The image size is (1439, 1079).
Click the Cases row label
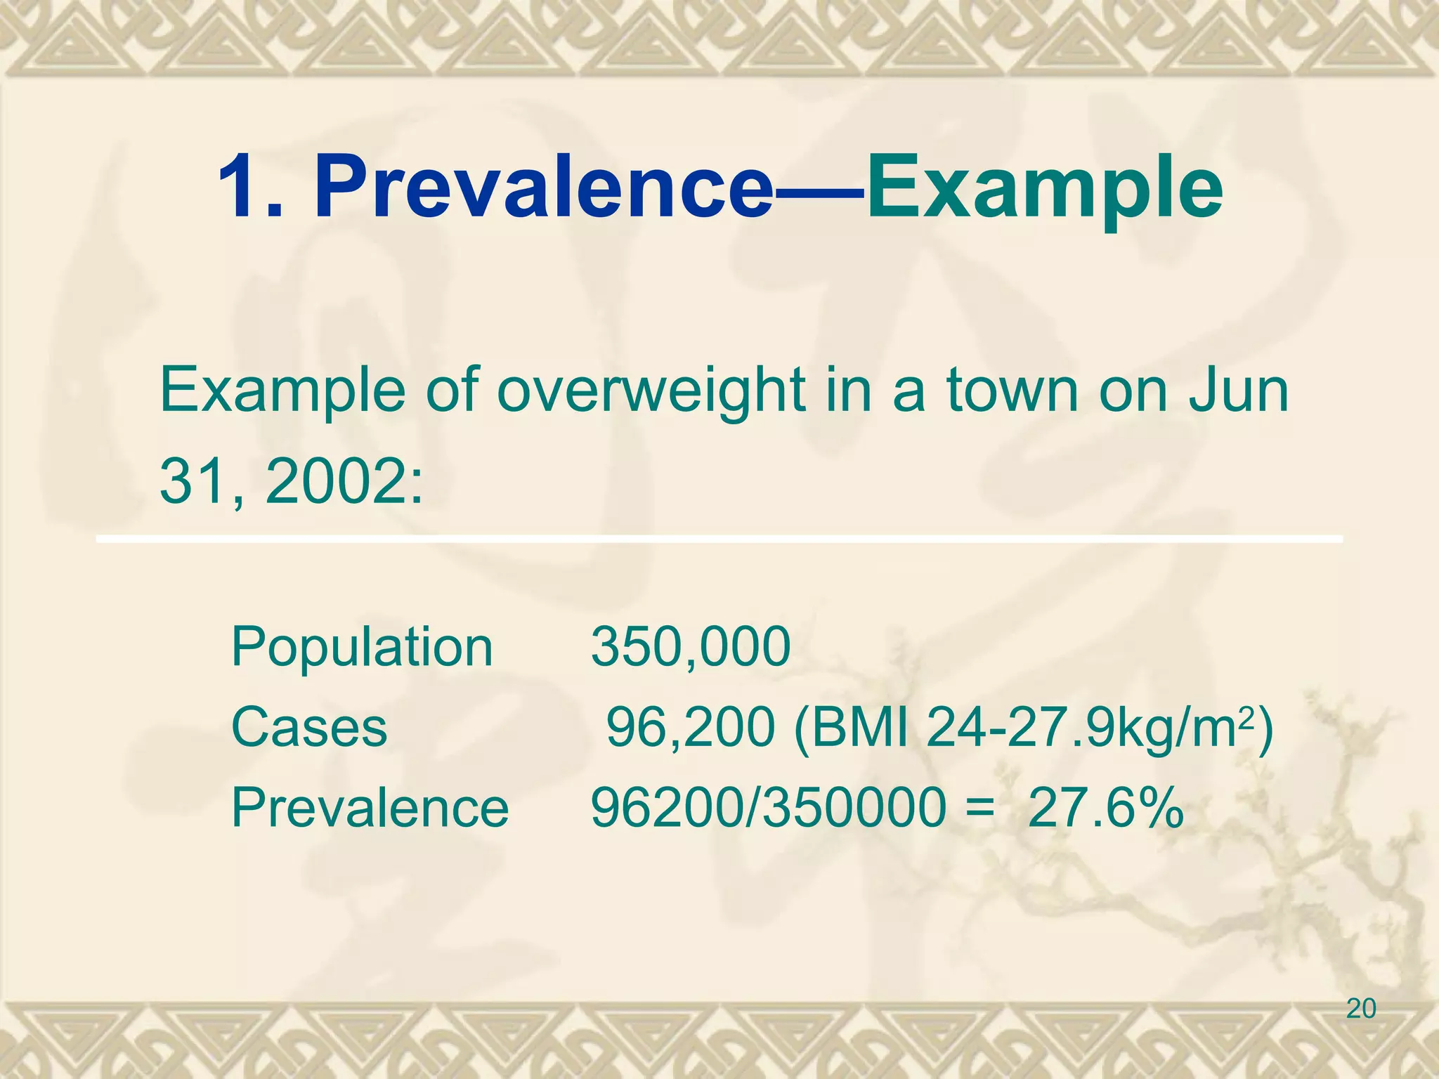309,727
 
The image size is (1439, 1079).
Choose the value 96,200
691,727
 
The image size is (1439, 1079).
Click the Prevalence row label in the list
370,808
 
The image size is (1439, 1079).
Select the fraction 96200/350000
769,808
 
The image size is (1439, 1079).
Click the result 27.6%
1106,808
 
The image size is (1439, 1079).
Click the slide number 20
1361,1009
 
